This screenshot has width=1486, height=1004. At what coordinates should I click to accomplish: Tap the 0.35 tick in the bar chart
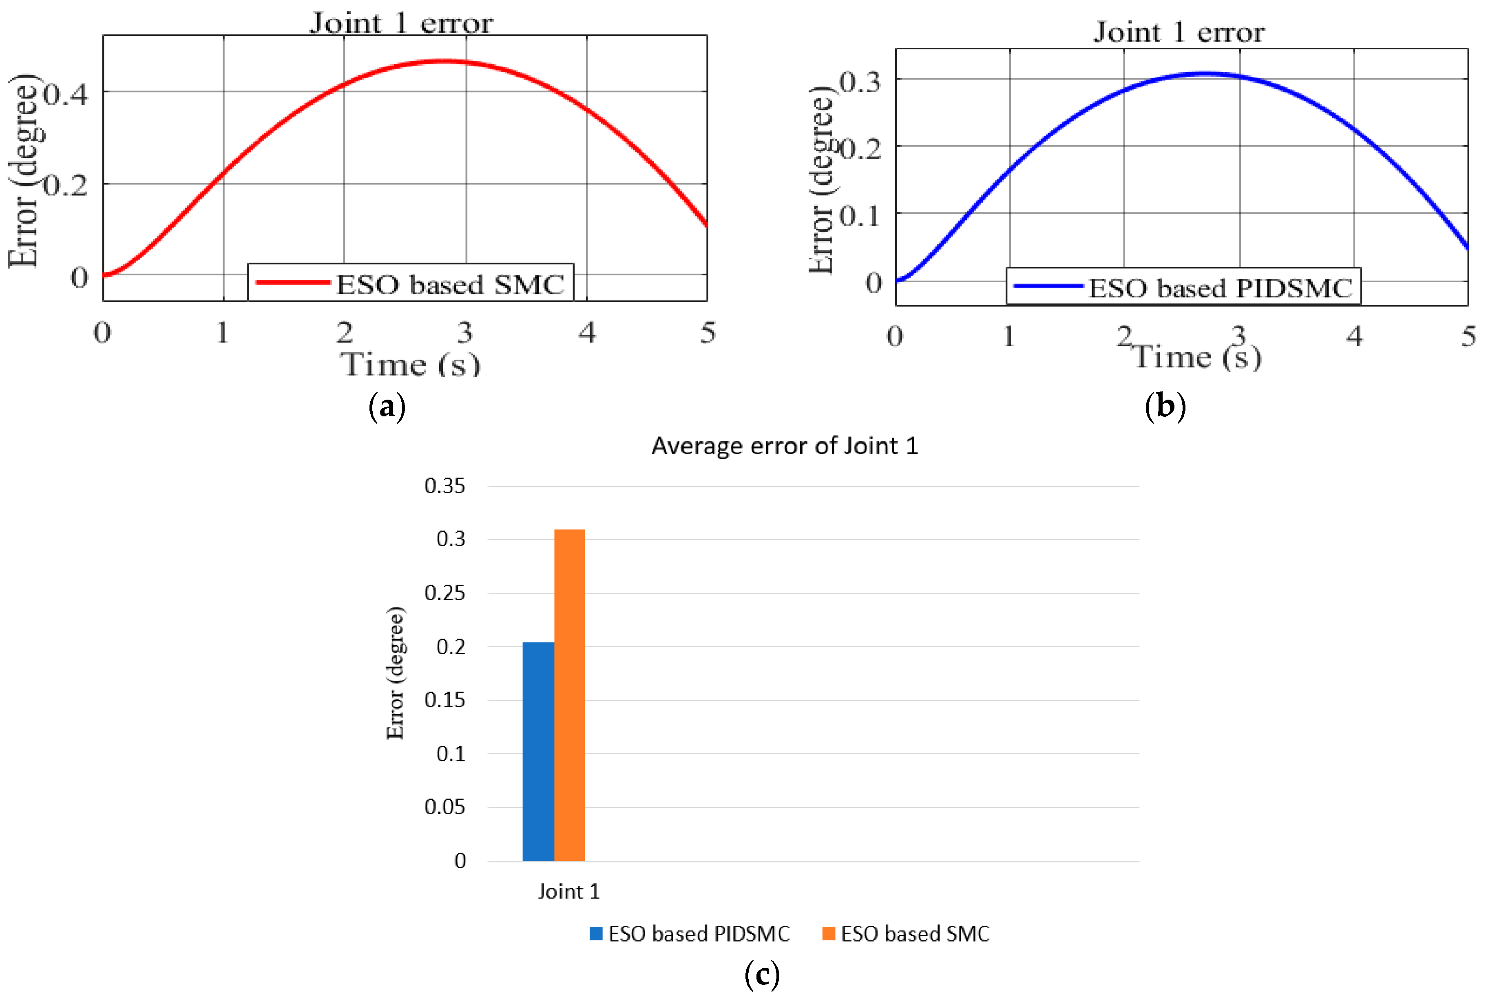(444, 486)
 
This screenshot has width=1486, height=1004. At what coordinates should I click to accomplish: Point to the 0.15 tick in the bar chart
(444, 700)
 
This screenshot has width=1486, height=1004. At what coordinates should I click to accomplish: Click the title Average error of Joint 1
(785, 446)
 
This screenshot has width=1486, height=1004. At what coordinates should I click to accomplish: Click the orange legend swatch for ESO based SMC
(828, 934)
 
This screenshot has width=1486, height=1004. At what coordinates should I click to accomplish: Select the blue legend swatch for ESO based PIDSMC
(595, 934)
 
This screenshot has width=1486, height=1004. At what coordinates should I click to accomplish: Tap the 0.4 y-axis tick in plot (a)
(66, 95)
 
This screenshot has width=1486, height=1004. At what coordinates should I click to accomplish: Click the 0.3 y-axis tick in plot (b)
(859, 82)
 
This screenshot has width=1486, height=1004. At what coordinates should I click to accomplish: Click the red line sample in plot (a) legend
(293, 282)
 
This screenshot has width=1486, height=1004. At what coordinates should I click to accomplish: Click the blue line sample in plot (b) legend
(1048, 286)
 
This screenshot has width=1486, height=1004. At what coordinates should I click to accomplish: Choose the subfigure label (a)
(387, 406)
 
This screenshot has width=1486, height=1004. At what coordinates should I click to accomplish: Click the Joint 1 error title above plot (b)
(1179, 32)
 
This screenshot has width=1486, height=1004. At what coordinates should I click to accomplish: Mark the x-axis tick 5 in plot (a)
(707, 332)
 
